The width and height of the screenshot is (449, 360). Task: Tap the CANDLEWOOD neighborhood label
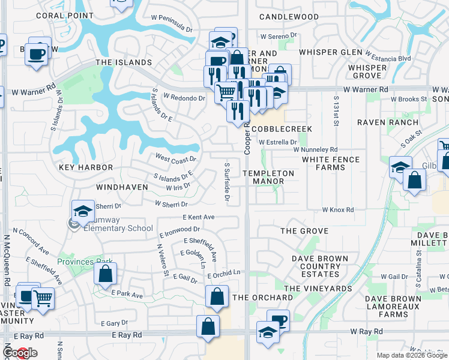point(289,17)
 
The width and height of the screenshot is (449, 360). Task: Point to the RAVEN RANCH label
point(387,122)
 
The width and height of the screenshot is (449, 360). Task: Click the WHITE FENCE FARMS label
point(331,163)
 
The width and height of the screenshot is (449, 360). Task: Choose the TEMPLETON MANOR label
point(268,177)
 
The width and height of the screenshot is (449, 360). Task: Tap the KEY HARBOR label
point(86,167)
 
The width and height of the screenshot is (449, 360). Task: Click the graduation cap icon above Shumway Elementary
point(83,211)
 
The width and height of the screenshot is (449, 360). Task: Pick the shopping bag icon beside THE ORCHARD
point(217,296)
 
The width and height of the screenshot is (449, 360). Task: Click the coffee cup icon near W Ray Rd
point(277,320)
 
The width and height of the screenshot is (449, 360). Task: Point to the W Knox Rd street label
point(338,210)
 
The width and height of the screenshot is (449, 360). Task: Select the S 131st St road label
point(337,112)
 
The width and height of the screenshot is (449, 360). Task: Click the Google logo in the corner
point(19,353)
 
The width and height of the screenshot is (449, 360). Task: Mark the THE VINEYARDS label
point(318,289)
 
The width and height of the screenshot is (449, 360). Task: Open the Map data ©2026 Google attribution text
point(412,355)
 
